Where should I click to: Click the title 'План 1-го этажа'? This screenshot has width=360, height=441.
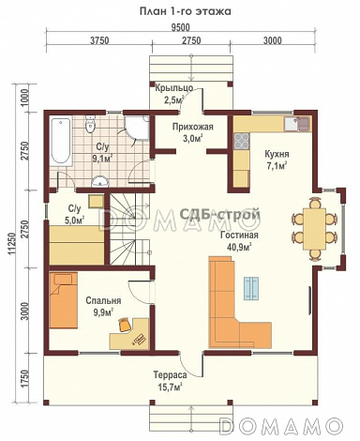pyautogui.click(x=185, y=11)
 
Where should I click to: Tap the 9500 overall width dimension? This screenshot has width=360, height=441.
pyautogui.click(x=180, y=27)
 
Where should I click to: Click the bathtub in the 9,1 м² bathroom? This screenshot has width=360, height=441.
pyautogui.click(x=61, y=141)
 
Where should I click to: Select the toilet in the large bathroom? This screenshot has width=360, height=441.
pyautogui.click(x=91, y=124)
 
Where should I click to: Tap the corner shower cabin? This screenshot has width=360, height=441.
pyautogui.click(x=138, y=128)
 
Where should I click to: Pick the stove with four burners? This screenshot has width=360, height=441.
pyautogui.click(x=241, y=141)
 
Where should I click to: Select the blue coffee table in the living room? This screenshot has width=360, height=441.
pyautogui.click(x=251, y=289)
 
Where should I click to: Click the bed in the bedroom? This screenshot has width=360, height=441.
pyautogui.click(x=63, y=300)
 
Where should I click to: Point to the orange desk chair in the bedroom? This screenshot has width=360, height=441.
pyautogui.click(x=125, y=325)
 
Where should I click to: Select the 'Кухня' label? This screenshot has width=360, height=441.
pyautogui.click(x=277, y=154)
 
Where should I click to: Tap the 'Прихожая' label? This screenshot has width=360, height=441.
pyautogui.click(x=193, y=127)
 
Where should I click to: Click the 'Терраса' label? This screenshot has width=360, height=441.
pyautogui.click(x=170, y=374)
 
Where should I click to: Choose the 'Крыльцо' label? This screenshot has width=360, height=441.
pyautogui.click(x=174, y=88)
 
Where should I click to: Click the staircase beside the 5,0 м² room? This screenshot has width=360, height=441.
pyautogui.click(x=128, y=229)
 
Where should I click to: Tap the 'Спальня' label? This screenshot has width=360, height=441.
pyautogui.click(x=103, y=301)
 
